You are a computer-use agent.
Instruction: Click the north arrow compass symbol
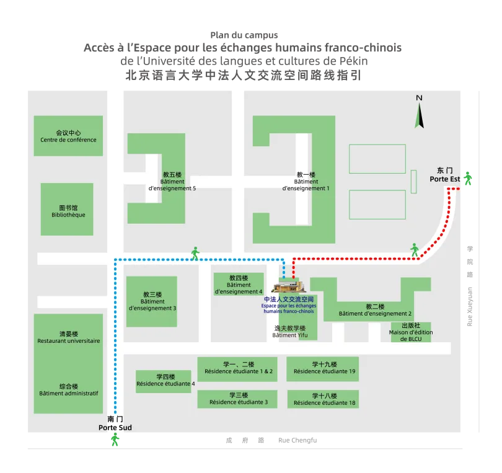point(420,112)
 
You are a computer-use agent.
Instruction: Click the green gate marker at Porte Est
point(468,178)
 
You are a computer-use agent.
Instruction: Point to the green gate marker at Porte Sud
point(115,439)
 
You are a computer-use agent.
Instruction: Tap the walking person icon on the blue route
point(195,252)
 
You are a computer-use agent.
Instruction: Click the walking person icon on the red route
point(414,250)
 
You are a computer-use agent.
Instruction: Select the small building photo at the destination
point(289,286)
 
